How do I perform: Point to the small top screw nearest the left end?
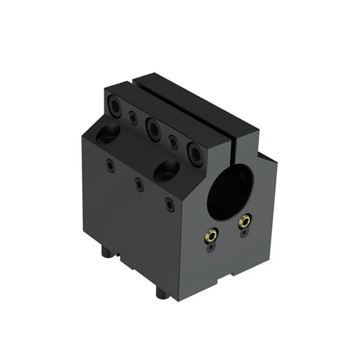[132, 117]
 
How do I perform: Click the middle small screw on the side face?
[138, 183]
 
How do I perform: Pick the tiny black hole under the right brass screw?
[244, 234]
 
